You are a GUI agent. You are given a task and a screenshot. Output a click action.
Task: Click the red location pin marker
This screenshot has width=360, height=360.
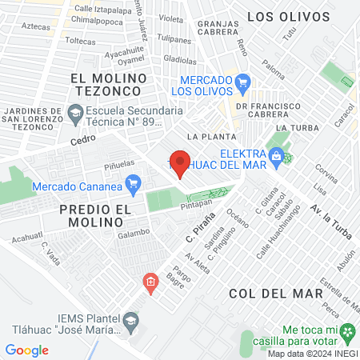click(180, 162)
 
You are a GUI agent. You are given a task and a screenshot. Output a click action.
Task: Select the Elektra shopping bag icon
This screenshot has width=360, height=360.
click(276, 156)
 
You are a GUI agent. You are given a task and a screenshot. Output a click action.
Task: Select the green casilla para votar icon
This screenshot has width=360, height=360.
click(348, 330)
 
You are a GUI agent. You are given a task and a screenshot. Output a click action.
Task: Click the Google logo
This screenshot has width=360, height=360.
click(26, 350)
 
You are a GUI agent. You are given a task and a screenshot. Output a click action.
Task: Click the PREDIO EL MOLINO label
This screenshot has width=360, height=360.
click(94, 216)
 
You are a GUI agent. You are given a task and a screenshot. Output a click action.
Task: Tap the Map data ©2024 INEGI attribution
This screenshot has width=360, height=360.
click(312, 353)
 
